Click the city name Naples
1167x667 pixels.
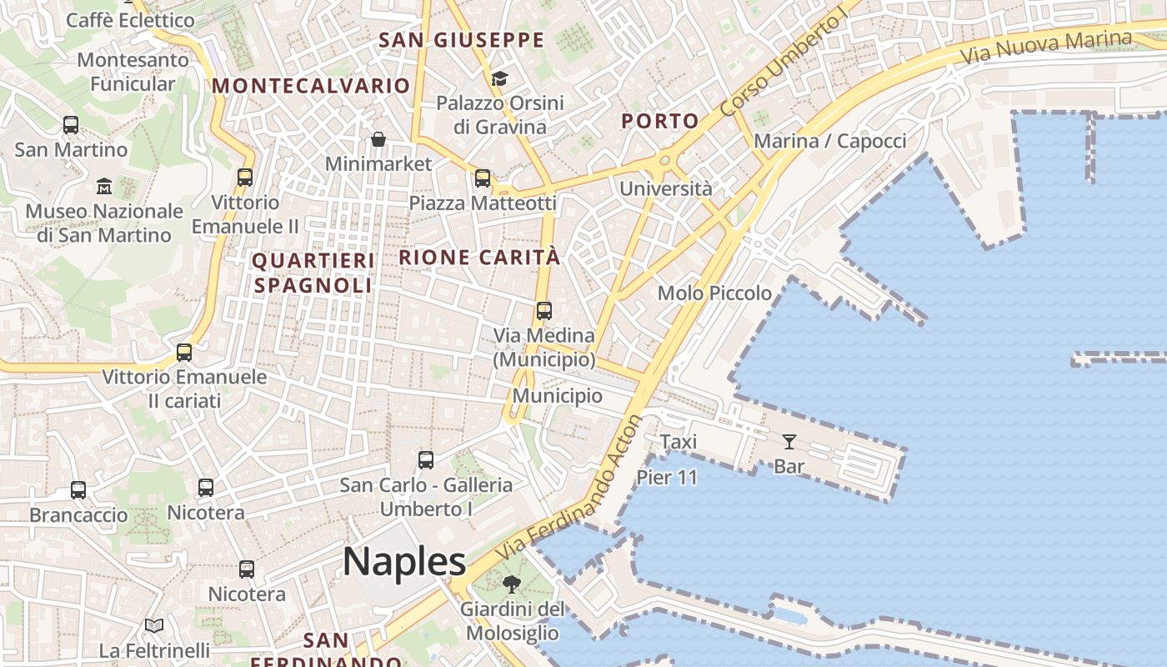(404, 561)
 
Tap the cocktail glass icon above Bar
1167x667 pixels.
(789, 441)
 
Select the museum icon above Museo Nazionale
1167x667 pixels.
(104, 185)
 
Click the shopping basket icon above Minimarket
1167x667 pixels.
(378, 138)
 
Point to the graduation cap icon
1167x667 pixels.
(499, 78)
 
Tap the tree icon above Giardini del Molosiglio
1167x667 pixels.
(512, 584)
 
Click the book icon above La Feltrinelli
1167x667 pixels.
(154, 625)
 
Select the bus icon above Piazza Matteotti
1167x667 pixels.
(483, 178)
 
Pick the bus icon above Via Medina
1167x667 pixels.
(544, 311)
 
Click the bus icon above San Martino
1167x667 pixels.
(71, 125)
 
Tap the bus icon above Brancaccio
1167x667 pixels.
(78, 490)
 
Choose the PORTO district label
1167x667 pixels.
(660, 121)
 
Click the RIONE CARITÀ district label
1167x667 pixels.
(479, 258)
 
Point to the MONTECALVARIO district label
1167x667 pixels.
(311, 86)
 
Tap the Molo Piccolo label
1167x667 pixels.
(714, 293)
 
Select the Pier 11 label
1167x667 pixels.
(667, 478)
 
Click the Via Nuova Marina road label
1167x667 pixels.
(1046, 48)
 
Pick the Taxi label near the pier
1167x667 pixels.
(679, 442)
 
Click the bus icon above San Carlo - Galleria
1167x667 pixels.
(426, 459)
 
